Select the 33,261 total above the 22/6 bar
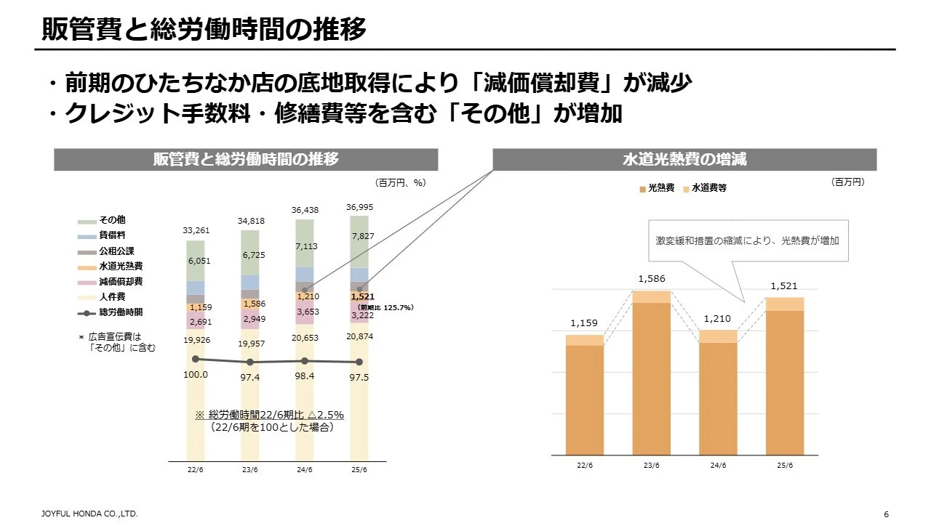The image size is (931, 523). point(196,230)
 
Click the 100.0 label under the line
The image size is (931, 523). point(196,375)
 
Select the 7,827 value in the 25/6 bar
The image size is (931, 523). point(362,236)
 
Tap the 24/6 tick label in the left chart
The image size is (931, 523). point(305,470)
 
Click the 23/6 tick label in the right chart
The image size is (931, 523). point(652,466)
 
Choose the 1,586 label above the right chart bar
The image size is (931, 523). point(652,279)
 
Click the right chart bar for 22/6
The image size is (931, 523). point(585,396)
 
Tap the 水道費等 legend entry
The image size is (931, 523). point(708,188)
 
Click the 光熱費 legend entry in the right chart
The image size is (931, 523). point(660,188)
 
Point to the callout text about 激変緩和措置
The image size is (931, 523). point(747,240)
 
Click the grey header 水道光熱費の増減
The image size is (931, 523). point(684,160)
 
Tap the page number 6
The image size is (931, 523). point(886,514)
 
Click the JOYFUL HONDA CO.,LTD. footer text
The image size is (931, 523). point(89,514)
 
